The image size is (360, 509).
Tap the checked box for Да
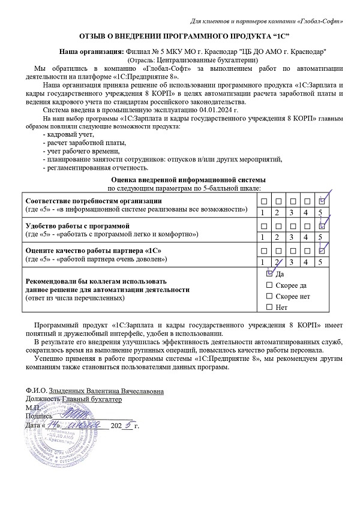[x=269, y=273]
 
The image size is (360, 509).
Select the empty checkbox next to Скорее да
[x=269, y=285]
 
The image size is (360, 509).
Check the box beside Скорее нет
[x=269, y=296]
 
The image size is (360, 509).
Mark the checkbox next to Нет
[x=269, y=308]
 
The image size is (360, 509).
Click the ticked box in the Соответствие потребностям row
[x=322, y=201]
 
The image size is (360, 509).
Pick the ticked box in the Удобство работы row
[x=322, y=225]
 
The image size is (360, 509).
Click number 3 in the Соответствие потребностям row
[x=292, y=213]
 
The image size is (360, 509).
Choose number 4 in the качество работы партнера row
[x=307, y=261]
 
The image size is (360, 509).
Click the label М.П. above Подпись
[x=33, y=407]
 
